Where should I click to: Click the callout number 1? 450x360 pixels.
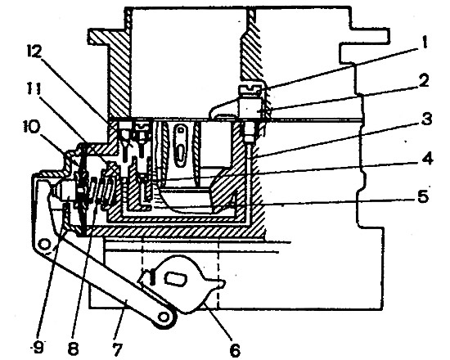(x=424, y=43)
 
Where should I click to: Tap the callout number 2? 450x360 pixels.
(x=423, y=81)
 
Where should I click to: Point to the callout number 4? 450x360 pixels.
(x=427, y=158)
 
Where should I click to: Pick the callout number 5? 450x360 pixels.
(x=423, y=196)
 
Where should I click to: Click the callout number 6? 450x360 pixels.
(x=235, y=349)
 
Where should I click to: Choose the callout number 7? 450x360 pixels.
(x=117, y=349)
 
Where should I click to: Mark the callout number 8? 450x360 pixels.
(x=73, y=349)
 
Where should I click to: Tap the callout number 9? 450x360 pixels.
(x=38, y=349)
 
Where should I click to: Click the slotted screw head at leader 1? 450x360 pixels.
(x=250, y=88)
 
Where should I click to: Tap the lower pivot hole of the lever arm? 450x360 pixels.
(x=164, y=317)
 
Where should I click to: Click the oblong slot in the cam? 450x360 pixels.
(x=175, y=279)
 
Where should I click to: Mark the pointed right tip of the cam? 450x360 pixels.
(x=223, y=283)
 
